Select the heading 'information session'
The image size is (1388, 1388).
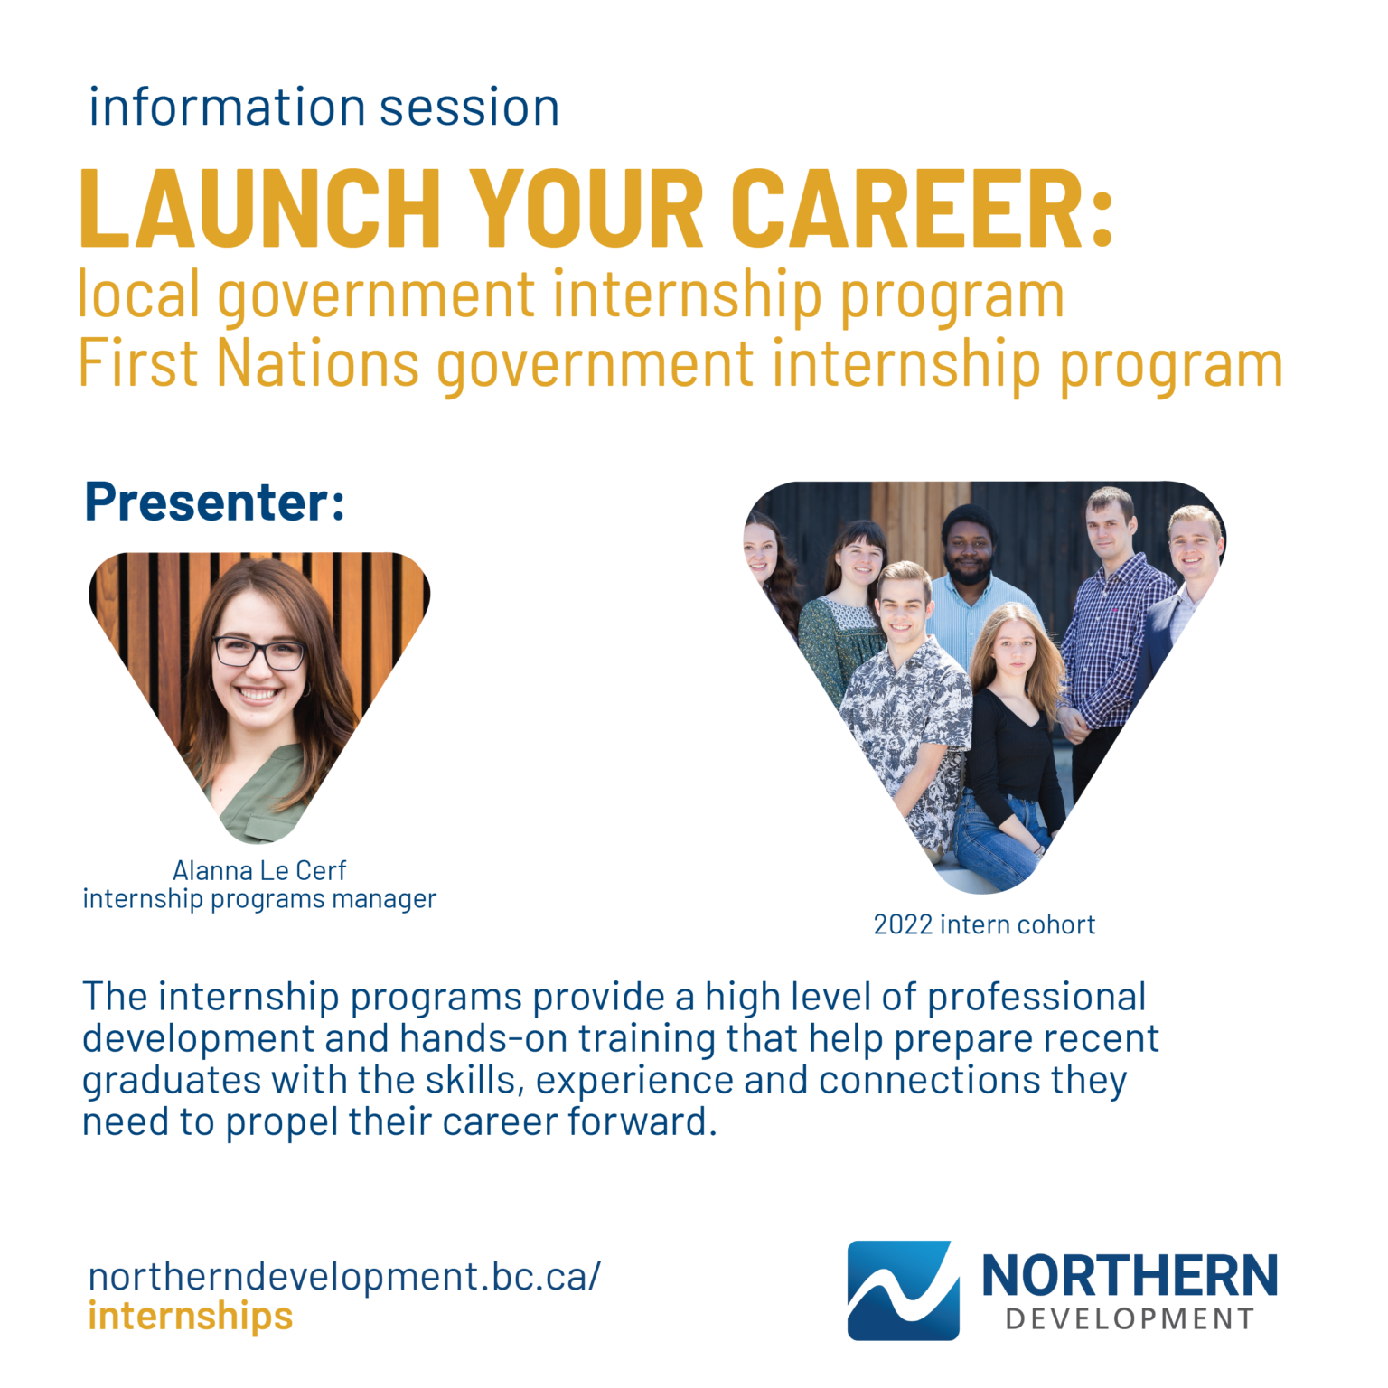pyautogui.click(x=324, y=108)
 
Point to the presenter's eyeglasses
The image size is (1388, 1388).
pyautogui.click(x=258, y=652)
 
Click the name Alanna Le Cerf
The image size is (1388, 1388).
pyautogui.click(x=259, y=870)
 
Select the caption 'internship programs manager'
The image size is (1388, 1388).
pyautogui.click(x=259, y=899)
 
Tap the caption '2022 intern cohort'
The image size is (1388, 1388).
pyautogui.click(x=984, y=924)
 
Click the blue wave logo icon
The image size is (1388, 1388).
pyautogui.click(x=902, y=1290)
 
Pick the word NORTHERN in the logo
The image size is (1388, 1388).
pyautogui.click(x=1130, y=1276)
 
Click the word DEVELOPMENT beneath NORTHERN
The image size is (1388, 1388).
pyautogui.click(x=1130, y=1319)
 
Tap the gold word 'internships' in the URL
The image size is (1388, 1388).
pyautogui.click(x=191, y=1316)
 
